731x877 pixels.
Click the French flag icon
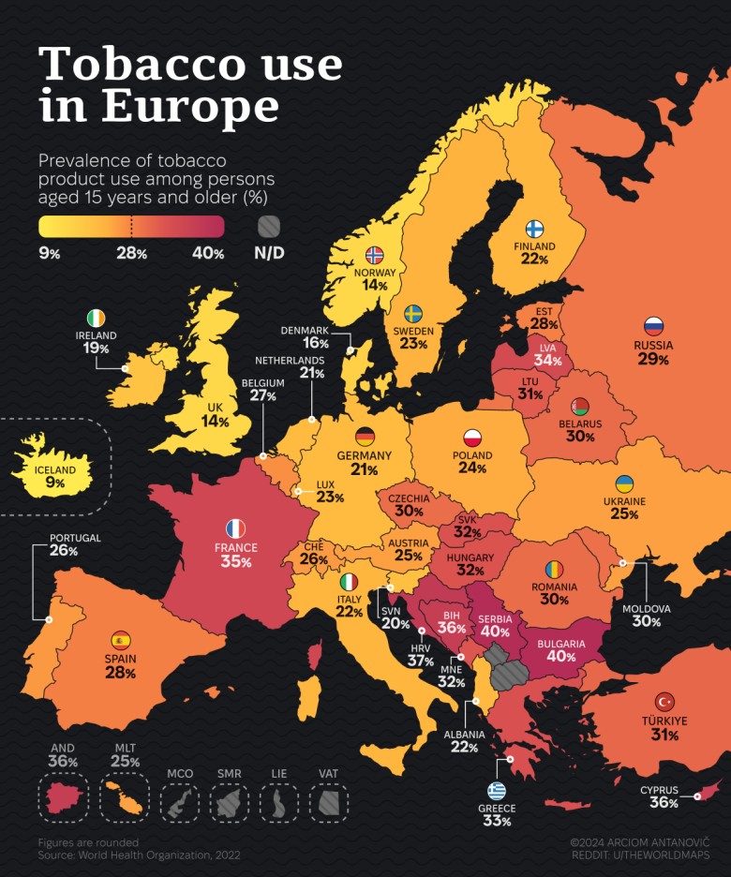(235, 528)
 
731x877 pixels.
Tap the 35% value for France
(235, 562)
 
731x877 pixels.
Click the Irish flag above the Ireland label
(96, 318)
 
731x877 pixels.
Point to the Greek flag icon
(497, 790)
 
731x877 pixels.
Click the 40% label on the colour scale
(208, 253)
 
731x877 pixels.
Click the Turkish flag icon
(664, 702)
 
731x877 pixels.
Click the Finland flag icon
(534, 229)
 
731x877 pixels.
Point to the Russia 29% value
(653, 359)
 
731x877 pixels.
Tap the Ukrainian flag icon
(623, 483)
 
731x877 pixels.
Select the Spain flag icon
(121, 641)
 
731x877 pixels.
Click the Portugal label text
(64, 538)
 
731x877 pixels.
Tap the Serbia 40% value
(494, 632)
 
